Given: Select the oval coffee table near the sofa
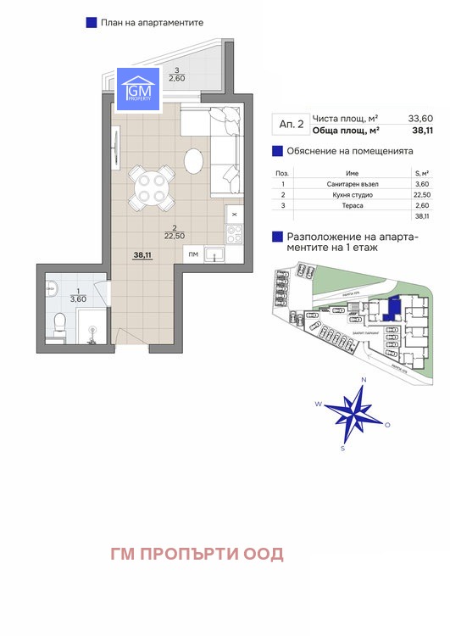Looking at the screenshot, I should [x=194, y=162].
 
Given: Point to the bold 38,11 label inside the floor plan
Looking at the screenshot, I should [x=142, y=254].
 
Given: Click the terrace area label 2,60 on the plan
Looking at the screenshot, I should [x=176, y=78].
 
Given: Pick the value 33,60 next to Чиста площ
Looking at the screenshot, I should [x=397, y=119].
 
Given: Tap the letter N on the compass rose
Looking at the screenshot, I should [x=364, y=380].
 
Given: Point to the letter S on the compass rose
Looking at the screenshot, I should [x=342, y=447].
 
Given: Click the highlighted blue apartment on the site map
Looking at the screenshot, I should [x=392, y=308].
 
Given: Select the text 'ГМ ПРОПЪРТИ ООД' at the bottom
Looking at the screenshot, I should [x=197, y=555].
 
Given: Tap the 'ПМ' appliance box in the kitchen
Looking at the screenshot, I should [x=193, y=254].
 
